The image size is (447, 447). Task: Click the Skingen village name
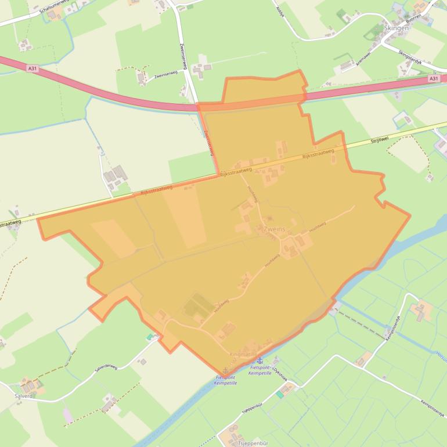click(396, 27)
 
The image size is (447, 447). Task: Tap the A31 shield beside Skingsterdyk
click(434, 78)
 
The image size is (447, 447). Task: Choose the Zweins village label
click(274, 229)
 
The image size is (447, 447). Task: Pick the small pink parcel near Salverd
click(68, 414)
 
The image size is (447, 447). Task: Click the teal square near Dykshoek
click(280, 394)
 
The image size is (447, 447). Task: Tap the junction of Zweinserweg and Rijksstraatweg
click(218, 174)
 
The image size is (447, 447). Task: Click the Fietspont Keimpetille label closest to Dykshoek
click(261, 370)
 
